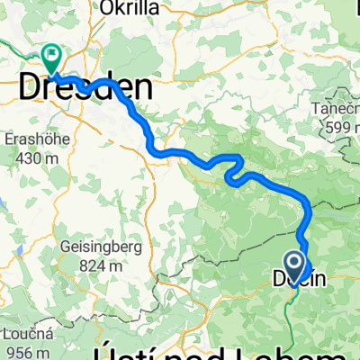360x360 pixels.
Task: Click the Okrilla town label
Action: click(x=130, y=8)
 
